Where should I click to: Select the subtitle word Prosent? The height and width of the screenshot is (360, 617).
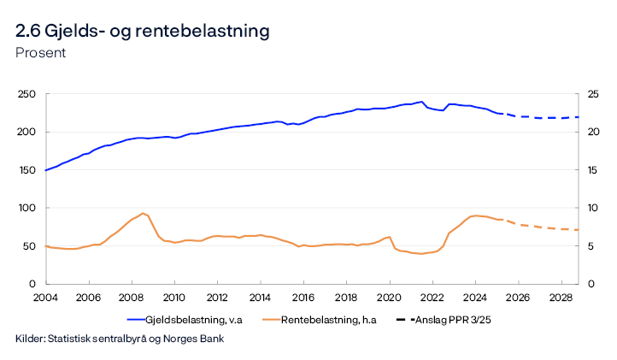pyautogui.click(x=40, y=52)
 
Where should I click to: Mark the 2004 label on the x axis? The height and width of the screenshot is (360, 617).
pyautogui.click(x=45, y=298)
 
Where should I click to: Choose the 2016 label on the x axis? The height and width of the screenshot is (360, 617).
pyautogui.click(x=303, y=298)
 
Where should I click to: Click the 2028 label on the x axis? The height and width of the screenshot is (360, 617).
pyautogui.click(x=561, y=298)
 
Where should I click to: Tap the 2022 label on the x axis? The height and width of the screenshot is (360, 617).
pyautogui.click(x=432, y=298)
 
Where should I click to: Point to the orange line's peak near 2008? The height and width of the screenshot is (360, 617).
pyautogui.click(x=144, y=214)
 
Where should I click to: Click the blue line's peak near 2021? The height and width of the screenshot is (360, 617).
pyautogui.click(x=421, y=102)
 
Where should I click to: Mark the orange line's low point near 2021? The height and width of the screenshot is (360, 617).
pyautogui.click(x=420, y=254)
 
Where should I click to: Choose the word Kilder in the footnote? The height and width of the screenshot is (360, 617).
pyautogui.click(x=31, y=339)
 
